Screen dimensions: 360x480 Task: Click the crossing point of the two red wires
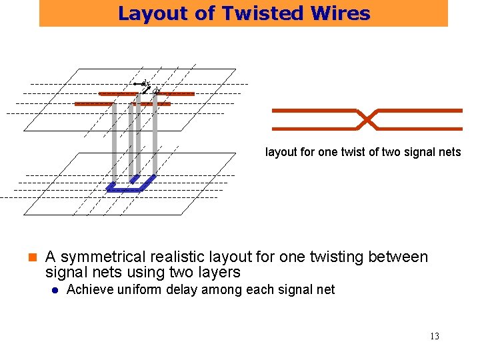pos(367,119)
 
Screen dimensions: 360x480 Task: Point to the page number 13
pos(435,337)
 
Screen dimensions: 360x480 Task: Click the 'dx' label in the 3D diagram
pos(146,83)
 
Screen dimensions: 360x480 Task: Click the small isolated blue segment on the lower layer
pos(135,179)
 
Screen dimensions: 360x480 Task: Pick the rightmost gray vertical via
pos(155,133)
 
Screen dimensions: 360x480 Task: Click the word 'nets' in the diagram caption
pos(449,152)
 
